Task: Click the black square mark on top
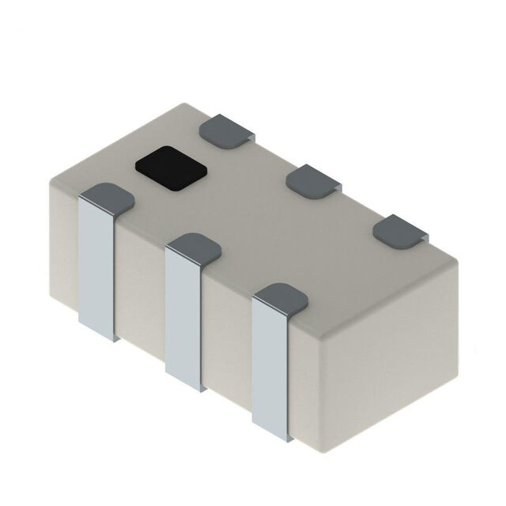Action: click(169, 164)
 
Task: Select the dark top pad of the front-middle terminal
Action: click(194, 248)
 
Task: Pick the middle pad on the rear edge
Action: click(314, 181)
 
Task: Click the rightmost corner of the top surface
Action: click(457, 261)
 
